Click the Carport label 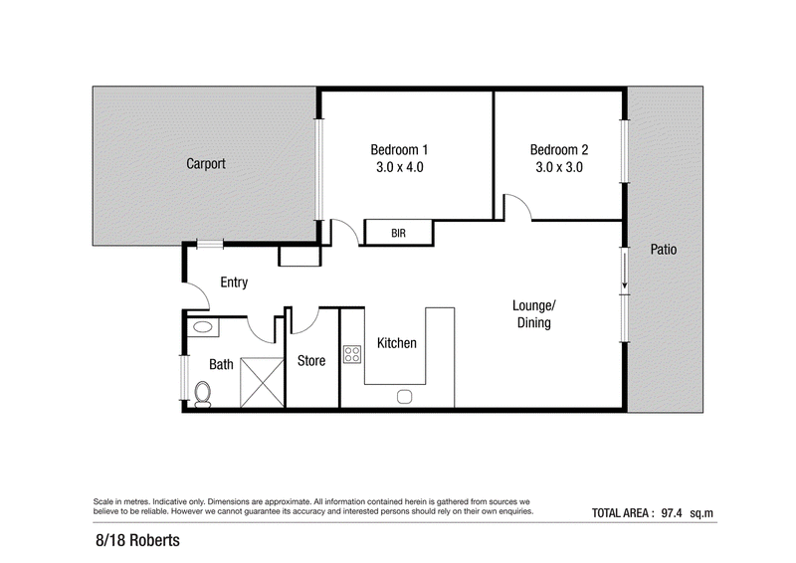pos(206,163)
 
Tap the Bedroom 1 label pos(399,150)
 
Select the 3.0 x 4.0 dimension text pos(400,167)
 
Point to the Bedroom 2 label pos(559,150)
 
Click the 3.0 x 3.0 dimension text pos(559,167)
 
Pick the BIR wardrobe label pos(399,233)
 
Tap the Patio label pos(664,250)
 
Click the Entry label pos(234,282)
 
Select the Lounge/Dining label pos(534,313)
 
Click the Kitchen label pos(396,343)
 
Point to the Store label pos(311,361)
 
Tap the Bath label pos(221,364)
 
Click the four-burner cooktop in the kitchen pos(352,354)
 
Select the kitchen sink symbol pos(404,396)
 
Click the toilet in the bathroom pos(203,395)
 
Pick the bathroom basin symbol pos(203,327)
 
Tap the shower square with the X pos(262,382)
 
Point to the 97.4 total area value pos(671,513)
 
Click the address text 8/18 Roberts pos(137,540)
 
